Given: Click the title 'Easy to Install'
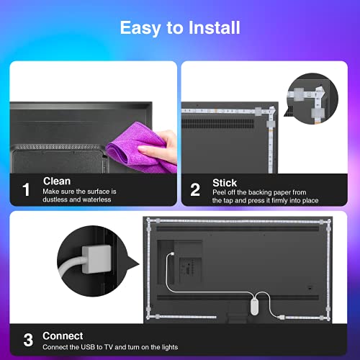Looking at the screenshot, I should coord(179,29).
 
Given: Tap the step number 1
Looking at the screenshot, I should coord(27,190).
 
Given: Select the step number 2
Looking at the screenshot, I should coord(195,190).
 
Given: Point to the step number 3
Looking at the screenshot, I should coord(27,339).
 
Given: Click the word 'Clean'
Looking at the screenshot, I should coord(57,181).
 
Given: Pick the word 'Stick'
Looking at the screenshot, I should coord(225,183).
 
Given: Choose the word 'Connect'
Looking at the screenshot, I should coord(63,336).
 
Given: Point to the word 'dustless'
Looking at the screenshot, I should coord(55,201).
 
